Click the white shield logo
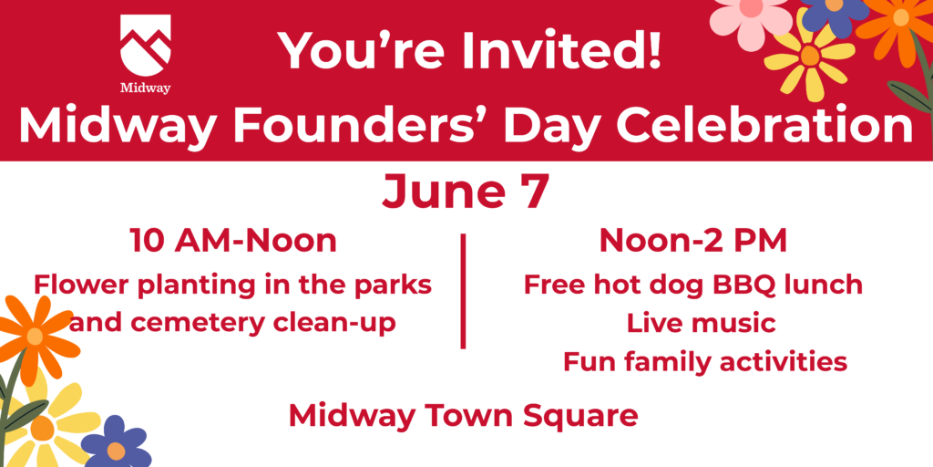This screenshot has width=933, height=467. (x=145, y=46)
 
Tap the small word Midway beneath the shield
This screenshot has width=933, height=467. (x=145, y=88)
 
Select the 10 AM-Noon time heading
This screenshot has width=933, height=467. (x=233, y=241)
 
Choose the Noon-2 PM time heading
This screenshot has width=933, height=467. (x=693, y=241)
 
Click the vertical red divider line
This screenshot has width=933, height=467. (x=463, y=291)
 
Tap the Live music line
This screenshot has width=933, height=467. (x=701, y=324)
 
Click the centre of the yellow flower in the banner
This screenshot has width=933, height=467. (x=809, y=56)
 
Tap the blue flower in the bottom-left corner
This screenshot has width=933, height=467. (x=115, y=445)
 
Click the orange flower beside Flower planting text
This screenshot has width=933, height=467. (x=35, y=337)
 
